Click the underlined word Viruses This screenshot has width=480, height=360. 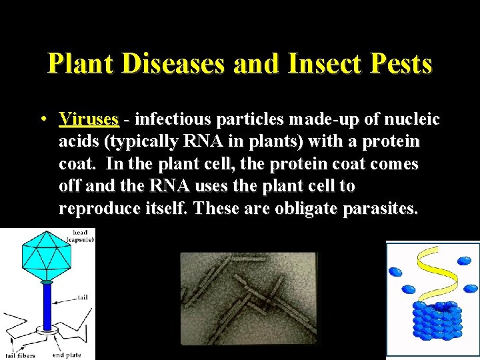pos(89,120)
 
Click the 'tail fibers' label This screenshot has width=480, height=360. pos(21,355)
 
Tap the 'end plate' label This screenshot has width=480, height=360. pos(67,355)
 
